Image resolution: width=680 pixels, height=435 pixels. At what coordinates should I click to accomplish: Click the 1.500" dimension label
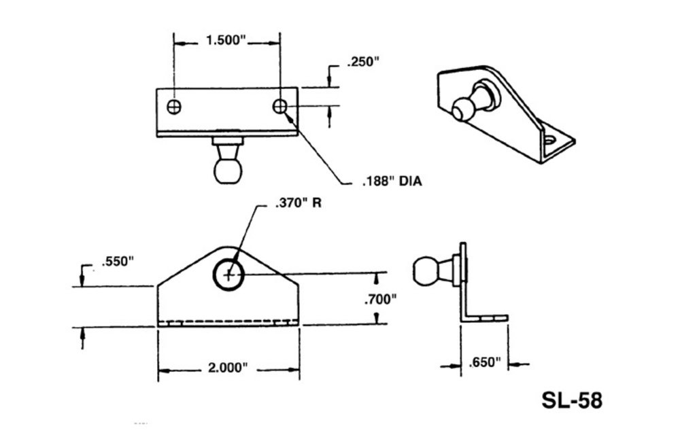(226, 40)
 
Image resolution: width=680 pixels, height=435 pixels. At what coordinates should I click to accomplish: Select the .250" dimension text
(362, 63)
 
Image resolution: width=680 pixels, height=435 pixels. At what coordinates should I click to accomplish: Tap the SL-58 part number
(571, 400)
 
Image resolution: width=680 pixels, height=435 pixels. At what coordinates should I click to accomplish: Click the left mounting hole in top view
(174, 107)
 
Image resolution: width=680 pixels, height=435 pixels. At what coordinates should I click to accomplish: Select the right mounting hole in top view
(279, 107)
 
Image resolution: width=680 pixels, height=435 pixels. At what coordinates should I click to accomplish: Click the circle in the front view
(230, 275)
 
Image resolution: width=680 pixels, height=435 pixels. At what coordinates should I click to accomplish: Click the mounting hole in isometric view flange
(554, 141)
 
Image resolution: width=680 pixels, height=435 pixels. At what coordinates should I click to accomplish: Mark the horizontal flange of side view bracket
(486, 317)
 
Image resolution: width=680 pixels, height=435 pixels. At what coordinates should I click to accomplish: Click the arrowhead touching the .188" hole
(290, 118)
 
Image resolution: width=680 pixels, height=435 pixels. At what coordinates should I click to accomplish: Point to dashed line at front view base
(228, 321)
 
